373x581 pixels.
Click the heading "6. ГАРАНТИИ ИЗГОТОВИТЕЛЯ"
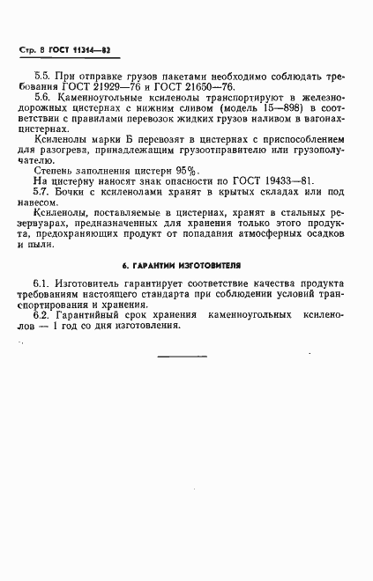tap(186, 264)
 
